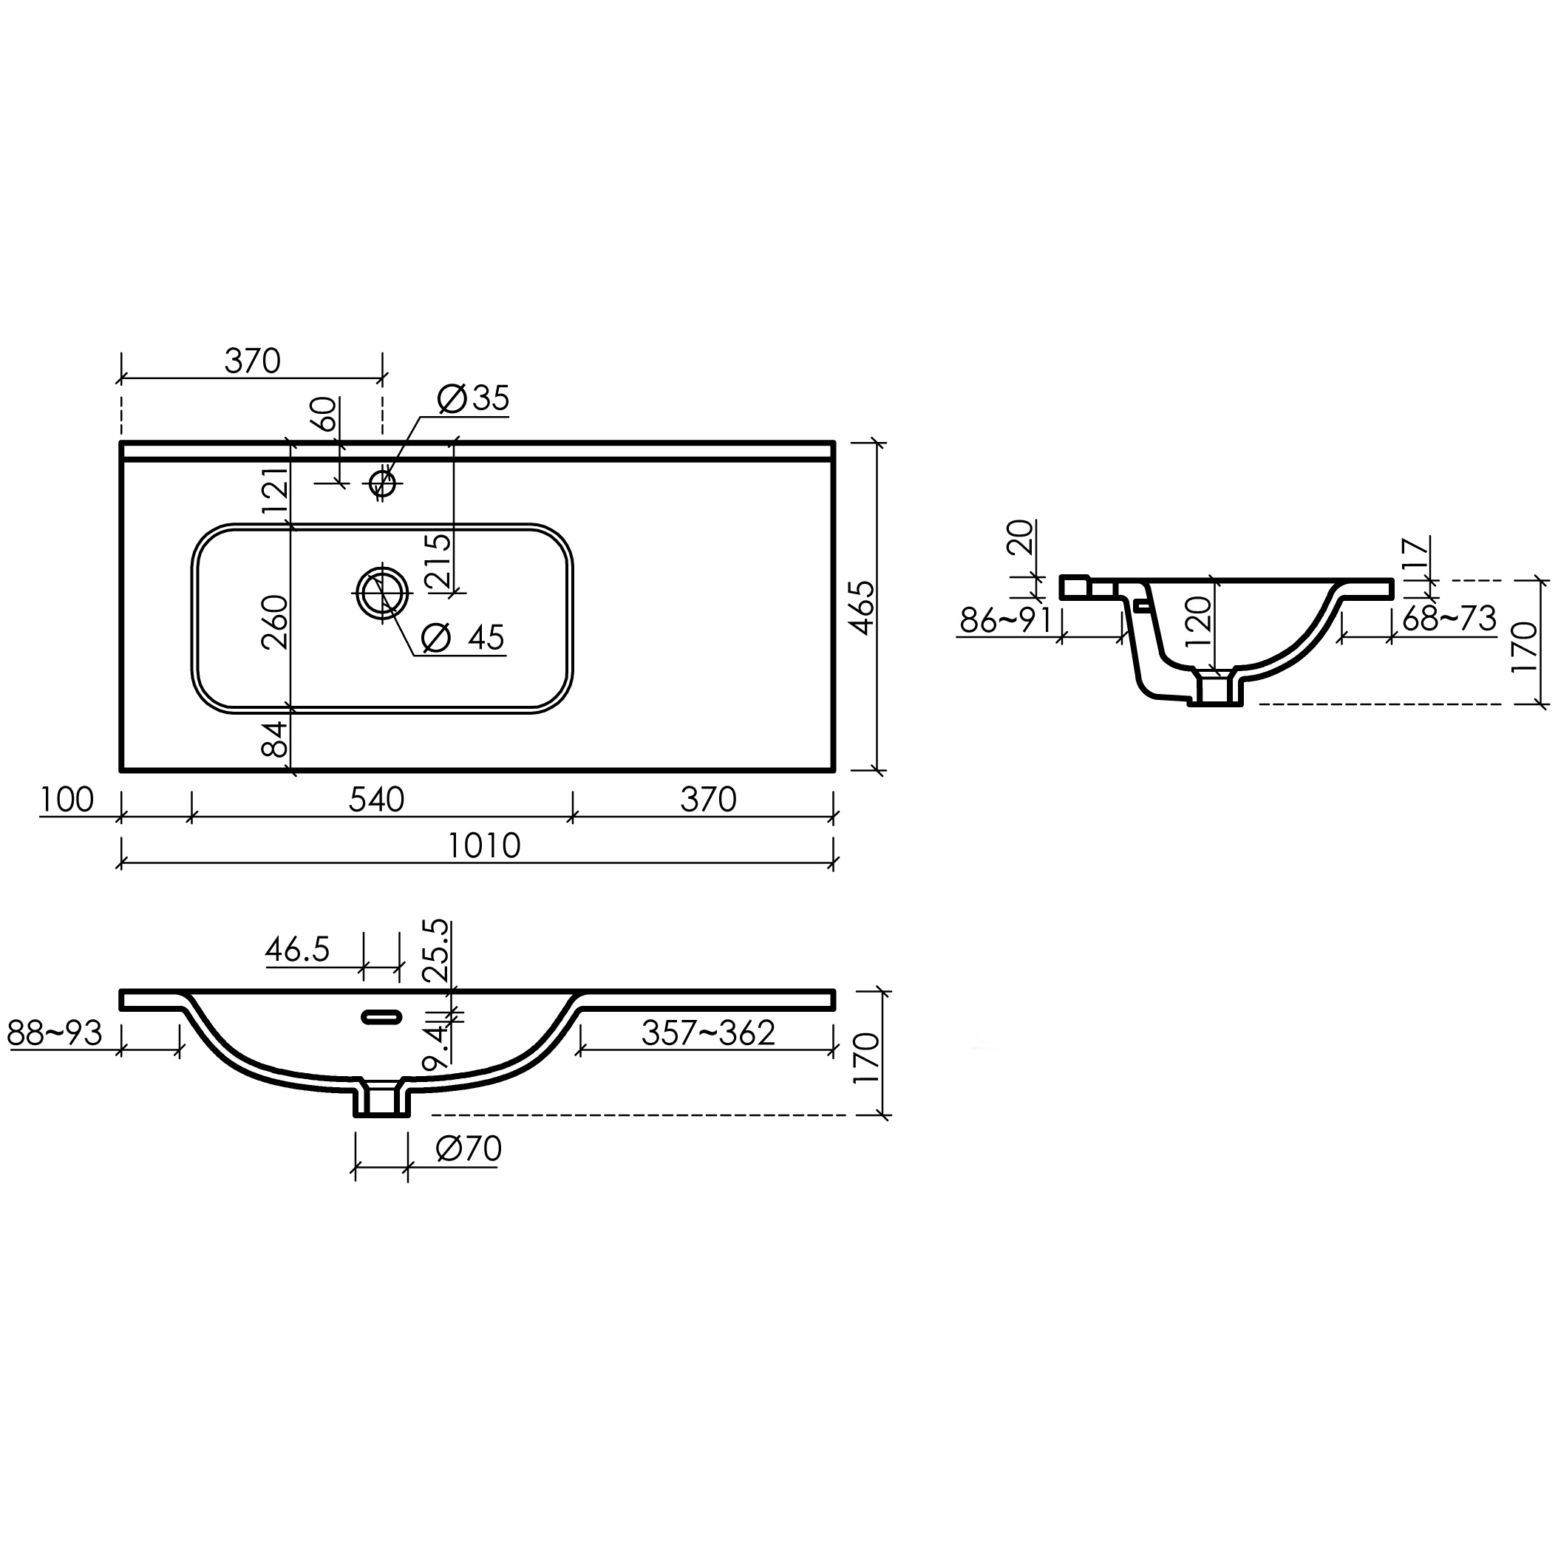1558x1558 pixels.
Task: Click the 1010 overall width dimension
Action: coord(484,846)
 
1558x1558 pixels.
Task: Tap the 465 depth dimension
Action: coord(862,608)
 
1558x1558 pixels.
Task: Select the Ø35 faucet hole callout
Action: coord(473,398)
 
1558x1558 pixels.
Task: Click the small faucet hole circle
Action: coord(382,483)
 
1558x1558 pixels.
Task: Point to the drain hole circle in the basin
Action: coord(381,593)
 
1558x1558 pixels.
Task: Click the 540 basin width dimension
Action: coord(377,799)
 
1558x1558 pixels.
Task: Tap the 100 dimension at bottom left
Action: coord(67,799)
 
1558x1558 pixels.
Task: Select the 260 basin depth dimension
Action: coord(275,621)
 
